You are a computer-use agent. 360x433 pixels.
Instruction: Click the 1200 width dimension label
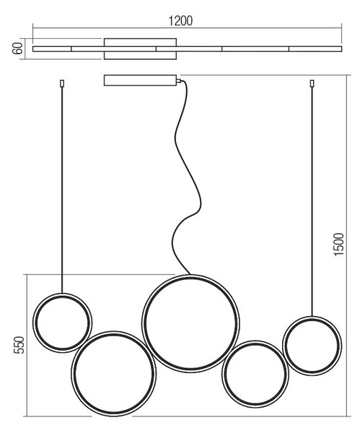(180, 21)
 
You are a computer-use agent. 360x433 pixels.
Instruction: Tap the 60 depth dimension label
(17, 48)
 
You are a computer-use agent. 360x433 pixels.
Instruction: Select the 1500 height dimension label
(339, 245)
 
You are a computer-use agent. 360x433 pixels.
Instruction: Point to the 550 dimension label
(19, 345)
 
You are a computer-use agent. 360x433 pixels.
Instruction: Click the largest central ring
(142, 323)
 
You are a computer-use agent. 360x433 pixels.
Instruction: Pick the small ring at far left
(33, 323)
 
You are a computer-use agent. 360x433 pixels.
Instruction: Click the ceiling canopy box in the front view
(140, 80)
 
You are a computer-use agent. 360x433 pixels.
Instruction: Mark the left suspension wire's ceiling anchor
(62, 84)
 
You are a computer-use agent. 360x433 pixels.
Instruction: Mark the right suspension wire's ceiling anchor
(312, 84)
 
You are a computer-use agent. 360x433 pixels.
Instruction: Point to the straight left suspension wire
(62, 190)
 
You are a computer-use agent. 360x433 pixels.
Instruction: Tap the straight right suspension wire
(312, 201)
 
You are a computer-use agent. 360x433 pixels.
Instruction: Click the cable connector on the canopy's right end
(179, 81)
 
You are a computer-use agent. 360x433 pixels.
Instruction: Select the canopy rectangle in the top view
(140, 49)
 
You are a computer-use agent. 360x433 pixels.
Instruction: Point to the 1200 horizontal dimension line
(187, 27)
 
